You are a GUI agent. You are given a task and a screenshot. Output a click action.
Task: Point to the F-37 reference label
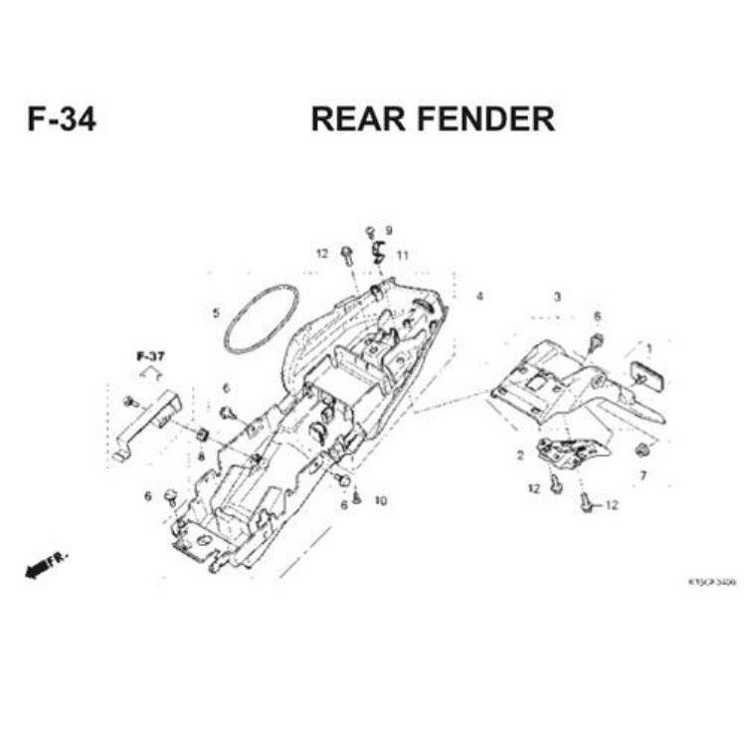coord(150,355)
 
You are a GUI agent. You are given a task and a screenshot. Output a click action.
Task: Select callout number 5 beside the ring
coord(216,313)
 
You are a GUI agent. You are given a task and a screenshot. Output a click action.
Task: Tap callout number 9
coord(389,230)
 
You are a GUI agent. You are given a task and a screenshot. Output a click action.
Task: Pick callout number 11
coord(402,256)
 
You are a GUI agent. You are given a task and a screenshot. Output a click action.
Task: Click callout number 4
coord(479,296)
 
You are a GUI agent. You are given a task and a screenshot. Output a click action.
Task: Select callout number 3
coord(557,296)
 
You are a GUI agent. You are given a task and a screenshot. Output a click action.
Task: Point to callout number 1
coord(650,348)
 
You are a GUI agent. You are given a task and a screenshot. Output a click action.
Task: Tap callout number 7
coord(643,475)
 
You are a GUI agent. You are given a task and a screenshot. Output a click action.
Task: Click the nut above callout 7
coord(642,451)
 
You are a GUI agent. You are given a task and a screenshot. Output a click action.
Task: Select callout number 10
coord(380,500)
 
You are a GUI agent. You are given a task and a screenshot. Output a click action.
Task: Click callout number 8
coord(201,457)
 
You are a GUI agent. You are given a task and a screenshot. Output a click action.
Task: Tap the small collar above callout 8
coord(202,435)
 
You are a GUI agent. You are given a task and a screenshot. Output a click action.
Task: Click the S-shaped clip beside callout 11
coord(378,253)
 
